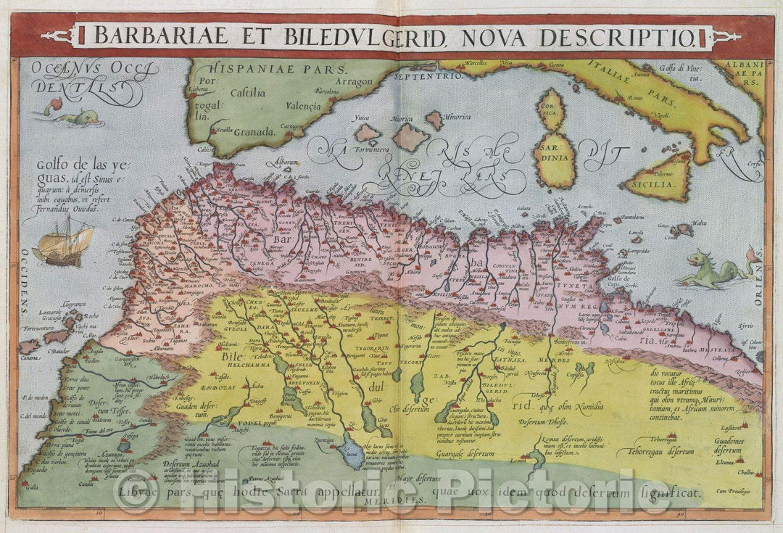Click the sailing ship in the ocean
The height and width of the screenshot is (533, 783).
click(x=64, y=244)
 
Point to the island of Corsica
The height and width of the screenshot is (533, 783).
click(x=552, y=110)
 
